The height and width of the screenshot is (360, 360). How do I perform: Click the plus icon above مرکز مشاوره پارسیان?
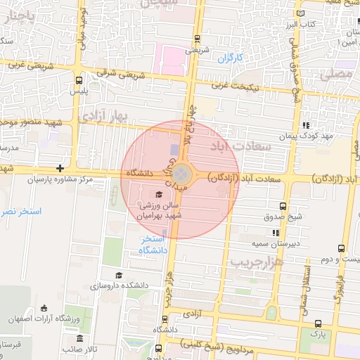pyautogui.click(x=61, y=168)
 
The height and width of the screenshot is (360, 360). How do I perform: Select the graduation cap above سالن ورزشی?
pyautogui.click(x=159, y=195)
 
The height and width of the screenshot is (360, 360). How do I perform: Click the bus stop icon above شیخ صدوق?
pyautogui.click(x=283, y=206)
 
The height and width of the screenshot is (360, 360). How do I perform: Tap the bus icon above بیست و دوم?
pyautogui.click(x=341, y=249)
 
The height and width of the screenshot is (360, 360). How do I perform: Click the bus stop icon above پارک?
pyautogui.click(x=319, y=324)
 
